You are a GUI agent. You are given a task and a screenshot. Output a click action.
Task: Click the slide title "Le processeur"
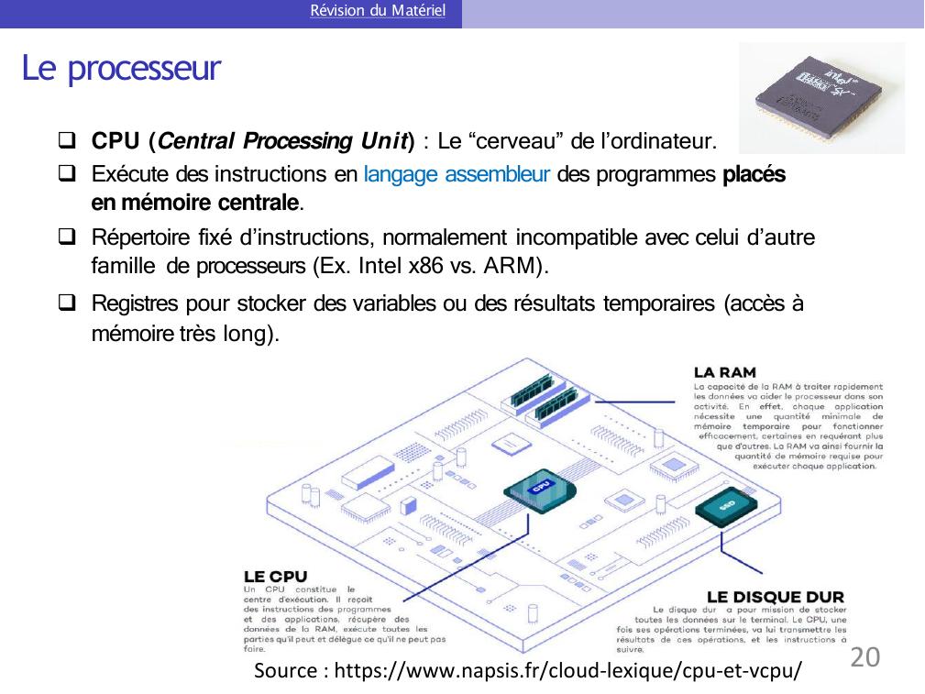tap(122, 68)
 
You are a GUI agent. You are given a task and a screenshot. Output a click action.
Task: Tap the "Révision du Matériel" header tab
tap(378, 12)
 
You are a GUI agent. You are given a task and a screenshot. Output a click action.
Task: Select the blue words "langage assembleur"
tap(457, 174)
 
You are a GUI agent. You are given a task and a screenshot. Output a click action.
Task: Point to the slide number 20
tap(865, 657)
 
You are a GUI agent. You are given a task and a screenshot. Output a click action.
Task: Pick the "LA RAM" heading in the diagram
tap(725, 372)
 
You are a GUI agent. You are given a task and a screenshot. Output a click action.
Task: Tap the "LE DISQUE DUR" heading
tap(776, 597)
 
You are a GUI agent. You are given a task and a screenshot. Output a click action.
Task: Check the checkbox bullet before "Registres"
tap(66, 303)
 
